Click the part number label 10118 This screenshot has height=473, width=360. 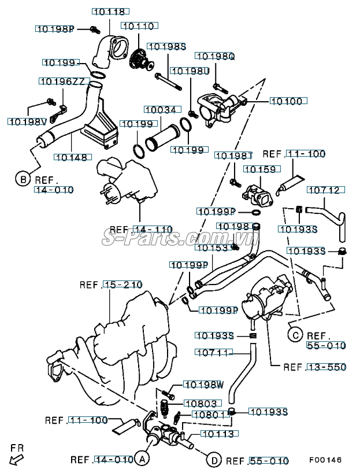(x=110, y=12)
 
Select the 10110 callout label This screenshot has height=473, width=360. (x=138, y=25)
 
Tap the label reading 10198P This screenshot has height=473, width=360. (x=55, y=28)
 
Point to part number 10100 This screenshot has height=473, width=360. (x=286, y=101)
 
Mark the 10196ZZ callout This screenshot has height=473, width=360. (x=62, y=82)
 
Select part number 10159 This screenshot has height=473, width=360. (x=260, y=169)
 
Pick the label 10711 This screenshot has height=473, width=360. (x=213, y=352)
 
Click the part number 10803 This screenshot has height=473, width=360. (x=200, y=404)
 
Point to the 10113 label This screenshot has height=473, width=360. (x=217, y=434)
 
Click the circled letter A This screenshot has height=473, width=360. (x=142, y=460)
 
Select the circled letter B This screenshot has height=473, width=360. (x=22, y=179)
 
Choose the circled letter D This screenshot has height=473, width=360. (x=214, y=460)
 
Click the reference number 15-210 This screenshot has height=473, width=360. (x=123, y=284)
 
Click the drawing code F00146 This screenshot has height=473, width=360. (x=325, y=460)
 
